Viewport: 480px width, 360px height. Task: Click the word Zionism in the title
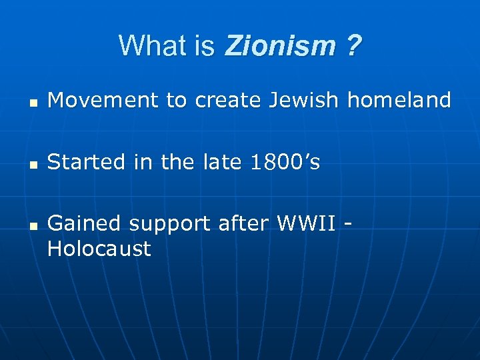pyautogui.click(x=281, y=46)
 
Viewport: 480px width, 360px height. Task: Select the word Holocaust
pyautogui.click(x=99, y=249)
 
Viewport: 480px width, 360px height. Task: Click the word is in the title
pyautogui.click(x=205, y=46)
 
